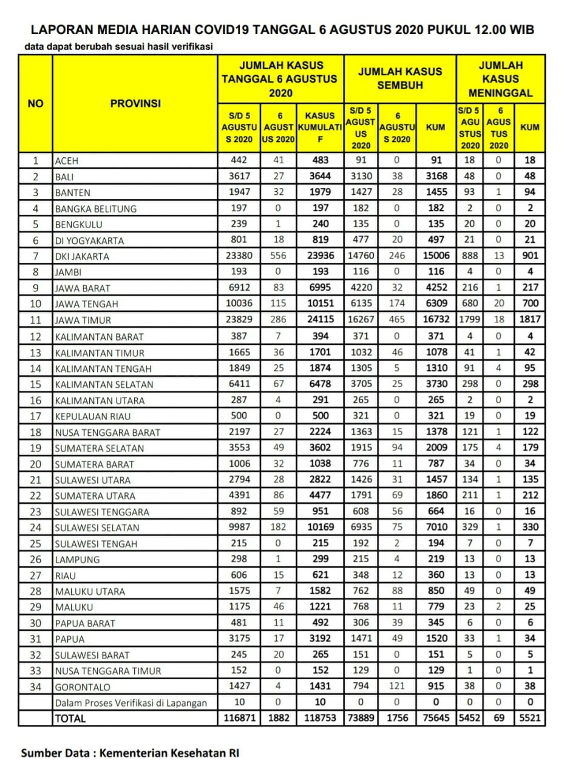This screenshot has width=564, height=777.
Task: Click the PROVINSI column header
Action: click(x=135, y=104)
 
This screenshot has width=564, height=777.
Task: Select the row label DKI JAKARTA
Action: click(x=82, y=256)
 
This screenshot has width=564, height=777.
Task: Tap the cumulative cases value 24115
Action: click(x=321, y=320)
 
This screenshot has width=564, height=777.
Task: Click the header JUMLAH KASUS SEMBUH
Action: click(x=399, y=79)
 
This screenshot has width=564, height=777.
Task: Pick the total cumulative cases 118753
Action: click(x=321, y=718)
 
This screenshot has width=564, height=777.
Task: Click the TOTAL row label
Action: click(x=71, y=719)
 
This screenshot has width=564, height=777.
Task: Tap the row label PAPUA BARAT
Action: click(x=85, y=623)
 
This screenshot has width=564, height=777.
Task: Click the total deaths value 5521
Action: click(x=530, y=718)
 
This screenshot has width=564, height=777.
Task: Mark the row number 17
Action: click(x=35, y=416)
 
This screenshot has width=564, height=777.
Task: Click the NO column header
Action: click(x=36, y=104)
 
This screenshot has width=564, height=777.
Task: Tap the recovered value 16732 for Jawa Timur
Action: click(x=435, y=320)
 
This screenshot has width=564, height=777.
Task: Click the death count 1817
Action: click(x=530, y=320)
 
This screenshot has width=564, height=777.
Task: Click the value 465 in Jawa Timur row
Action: click(x=397, y=320)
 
